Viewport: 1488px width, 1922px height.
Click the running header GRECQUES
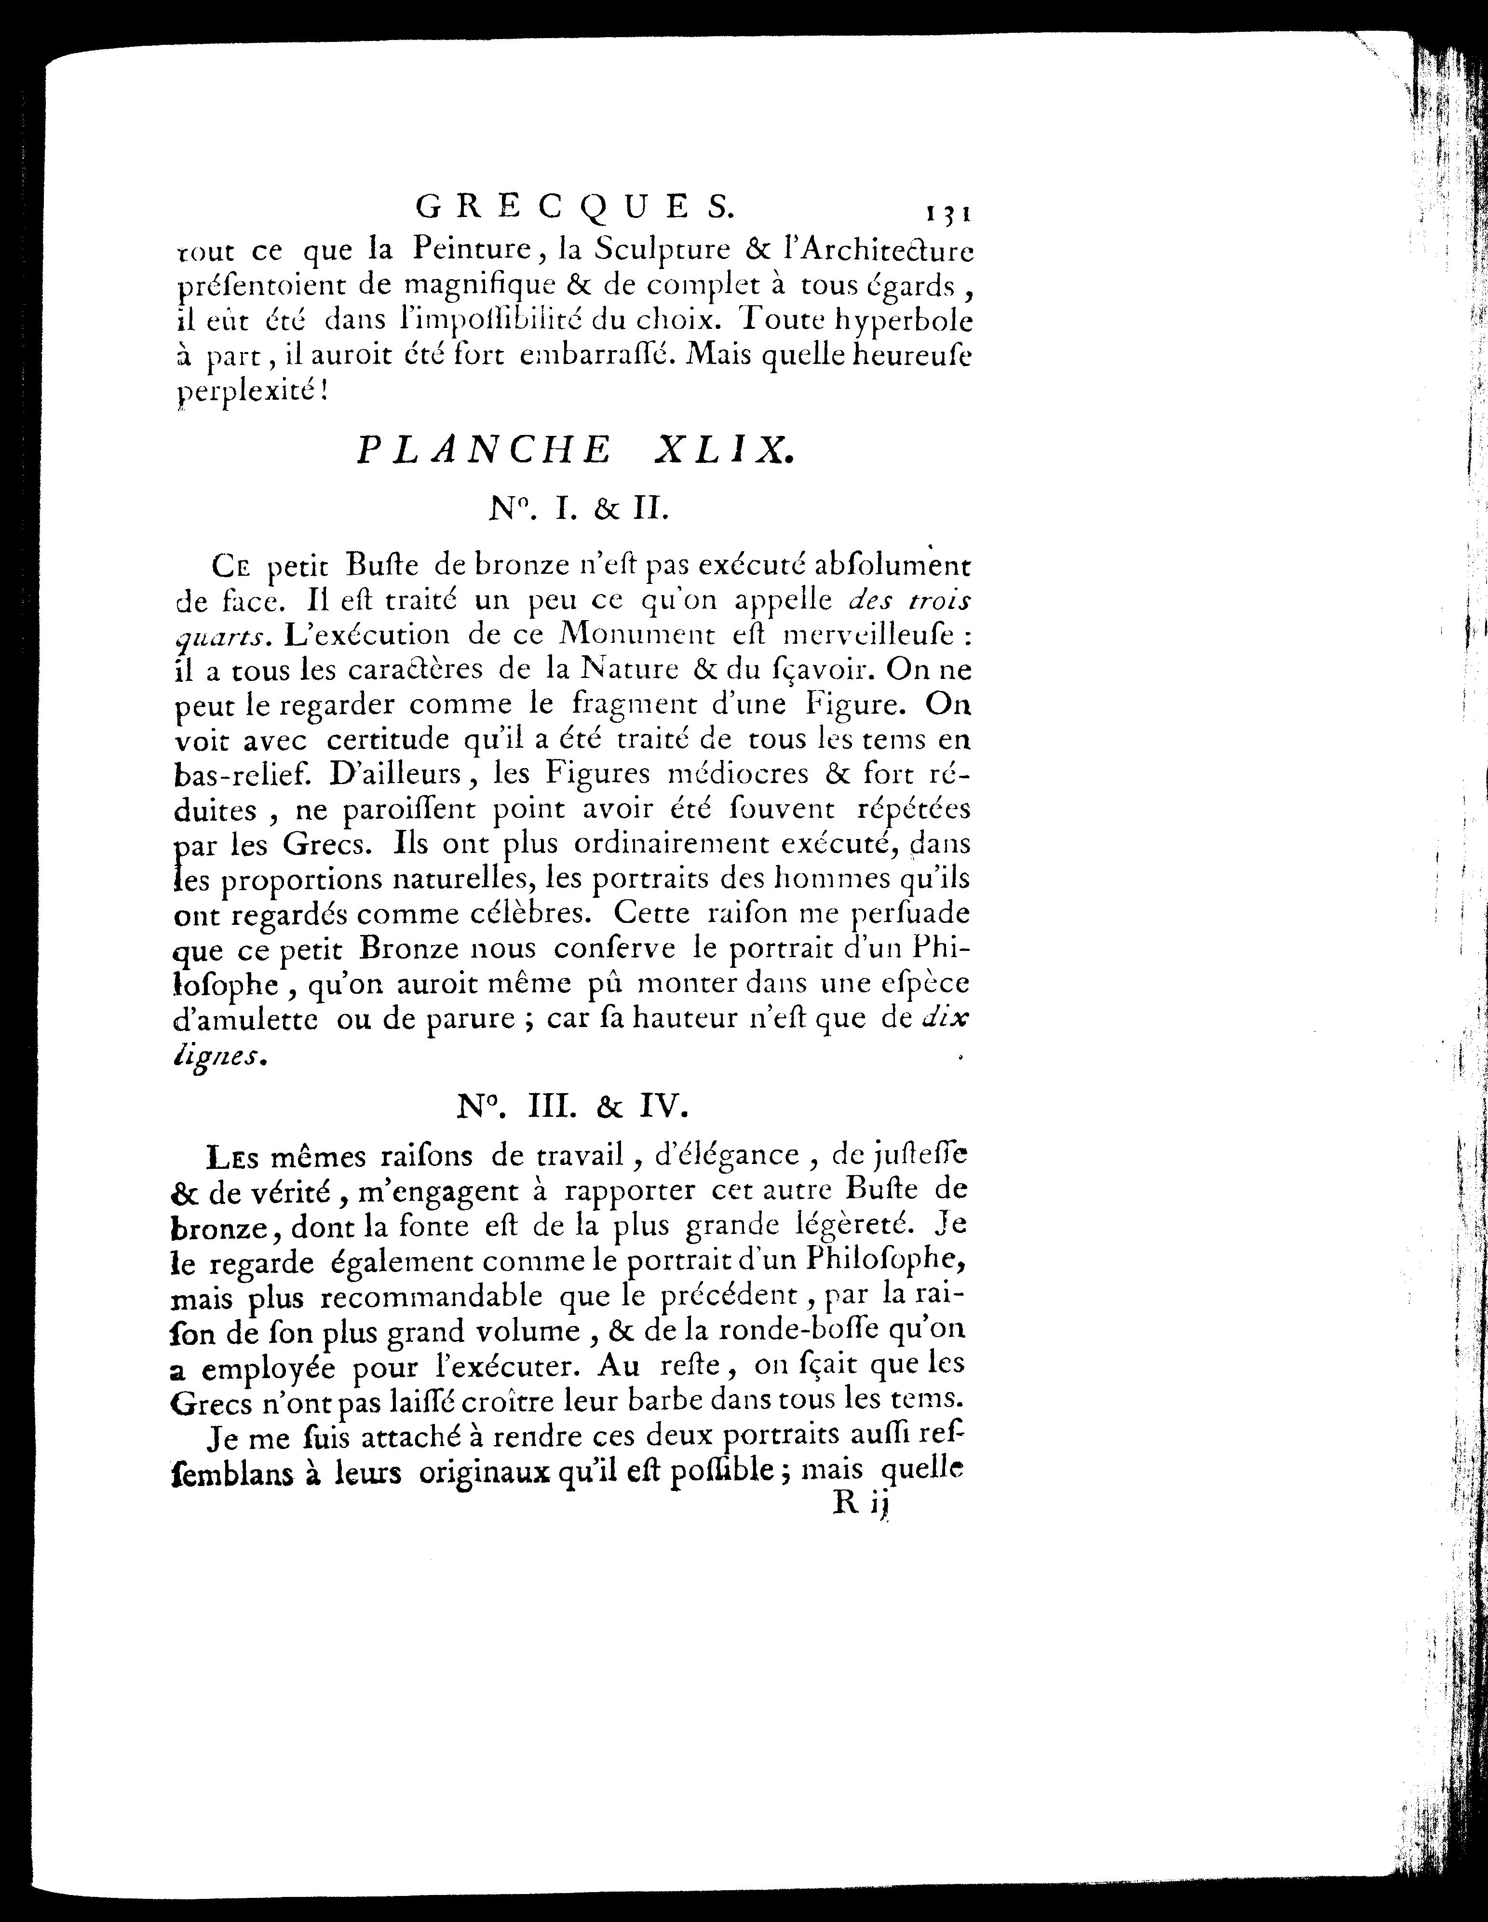[572, 208]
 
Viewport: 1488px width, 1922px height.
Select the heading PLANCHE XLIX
[575, 450]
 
